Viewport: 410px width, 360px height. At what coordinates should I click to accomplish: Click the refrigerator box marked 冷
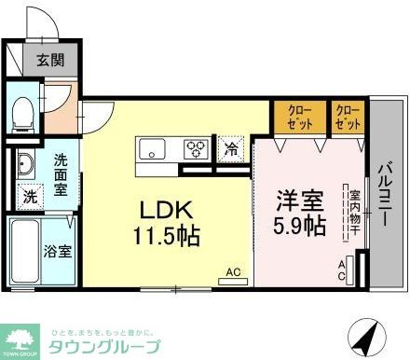(229, 147)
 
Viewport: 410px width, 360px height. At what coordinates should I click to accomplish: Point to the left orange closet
(299, 117)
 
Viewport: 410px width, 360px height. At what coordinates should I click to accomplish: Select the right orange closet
(347, 117)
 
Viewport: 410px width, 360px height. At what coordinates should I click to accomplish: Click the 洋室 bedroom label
(298, 200)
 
